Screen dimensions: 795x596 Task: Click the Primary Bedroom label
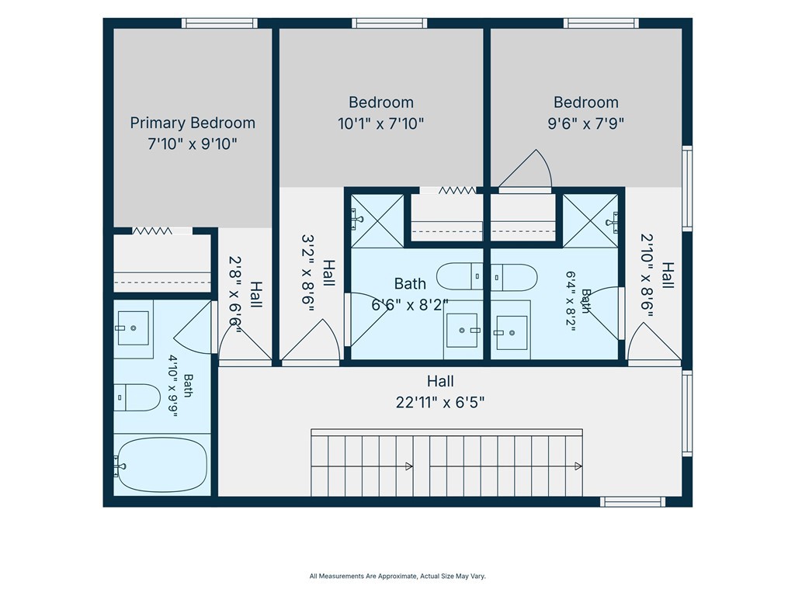(193, 123)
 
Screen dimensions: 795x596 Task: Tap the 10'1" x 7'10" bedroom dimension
(380, 123)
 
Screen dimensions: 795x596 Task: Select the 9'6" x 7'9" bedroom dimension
(585, 123)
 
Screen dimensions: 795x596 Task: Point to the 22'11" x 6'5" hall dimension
(440, 403)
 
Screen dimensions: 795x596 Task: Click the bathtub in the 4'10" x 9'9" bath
(162, 465)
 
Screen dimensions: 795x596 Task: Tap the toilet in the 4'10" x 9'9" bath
(137, 397)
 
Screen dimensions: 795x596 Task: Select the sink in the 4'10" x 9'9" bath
(134, 328)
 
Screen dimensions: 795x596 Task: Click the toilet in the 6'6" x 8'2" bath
(460, 276)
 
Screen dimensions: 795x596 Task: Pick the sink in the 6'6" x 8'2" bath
(462, 331)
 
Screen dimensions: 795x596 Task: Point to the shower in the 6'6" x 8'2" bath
(377, 221)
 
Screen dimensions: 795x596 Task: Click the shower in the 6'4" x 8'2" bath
(590, 221)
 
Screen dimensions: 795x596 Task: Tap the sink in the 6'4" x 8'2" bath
(511, 333)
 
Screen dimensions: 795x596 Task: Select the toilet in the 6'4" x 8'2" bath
(514, 277)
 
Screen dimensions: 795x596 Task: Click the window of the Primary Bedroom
(220, 23)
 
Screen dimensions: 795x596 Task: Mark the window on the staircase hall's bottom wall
(633, 502)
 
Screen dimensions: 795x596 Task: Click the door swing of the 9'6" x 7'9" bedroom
(527, 168)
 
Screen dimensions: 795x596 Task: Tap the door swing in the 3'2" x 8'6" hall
(311, 340)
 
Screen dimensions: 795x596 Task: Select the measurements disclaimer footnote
(397, 577)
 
